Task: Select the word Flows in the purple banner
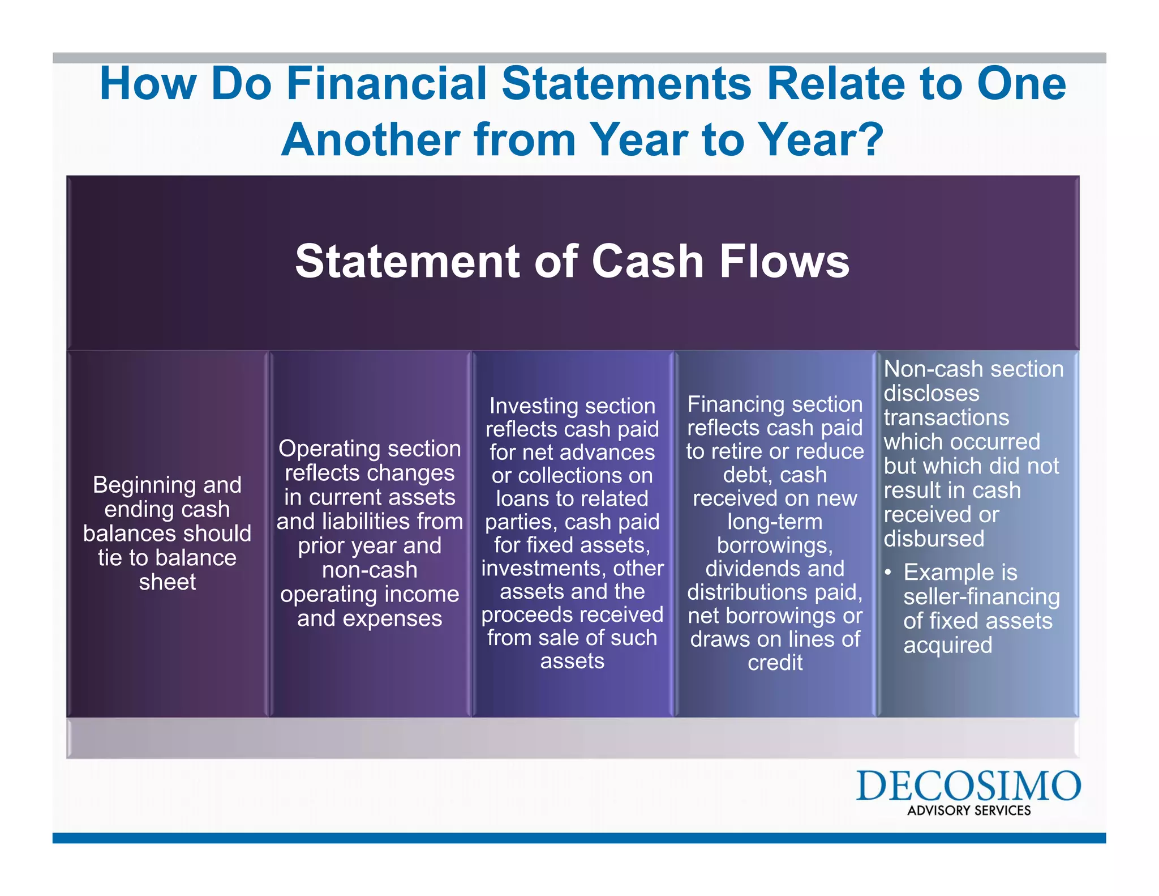[784, 262]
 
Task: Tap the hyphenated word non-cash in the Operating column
[370, 570]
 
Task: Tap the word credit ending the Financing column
[775, 663]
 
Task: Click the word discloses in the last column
[923, 394]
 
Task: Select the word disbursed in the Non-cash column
[934, 539]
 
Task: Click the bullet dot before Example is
[888, 573]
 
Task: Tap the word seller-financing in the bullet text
[981, 597]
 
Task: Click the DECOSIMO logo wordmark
[968, 786]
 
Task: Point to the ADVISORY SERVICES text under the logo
[969, 810]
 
